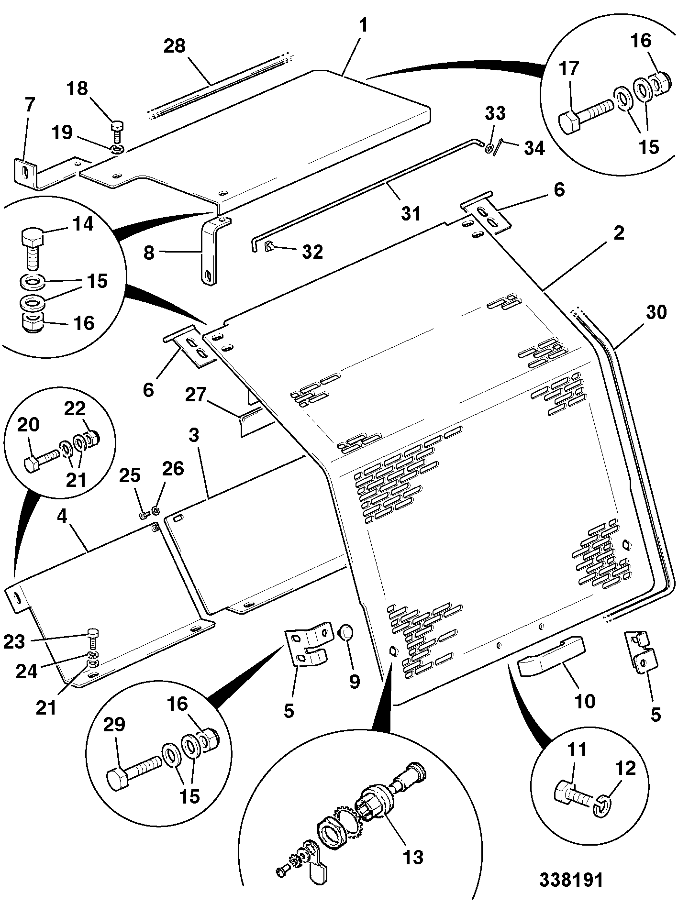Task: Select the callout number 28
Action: point(175,46)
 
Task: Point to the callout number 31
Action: point(411,213)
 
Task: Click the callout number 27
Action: point(195,395)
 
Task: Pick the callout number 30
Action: point(656,312)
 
